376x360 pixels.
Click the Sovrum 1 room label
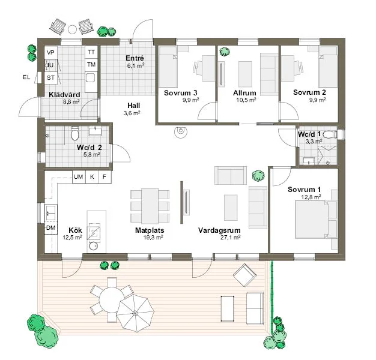point(304,190)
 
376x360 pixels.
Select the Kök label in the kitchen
point(75,230)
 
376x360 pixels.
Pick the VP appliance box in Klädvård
point(51,53)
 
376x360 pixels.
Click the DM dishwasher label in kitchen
point(51,228)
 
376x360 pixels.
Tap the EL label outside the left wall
point(26,77)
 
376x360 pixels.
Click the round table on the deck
point(110,298)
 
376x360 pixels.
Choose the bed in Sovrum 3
point(169,71)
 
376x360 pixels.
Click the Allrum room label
point(245,92)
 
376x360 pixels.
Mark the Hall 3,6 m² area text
point(132,113)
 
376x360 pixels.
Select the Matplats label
point(150,230)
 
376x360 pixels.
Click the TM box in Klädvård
point(91,64)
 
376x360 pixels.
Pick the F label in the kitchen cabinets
point(105,177)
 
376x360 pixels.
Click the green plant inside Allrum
point(224,52)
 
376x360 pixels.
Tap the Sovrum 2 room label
point(309,92)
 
